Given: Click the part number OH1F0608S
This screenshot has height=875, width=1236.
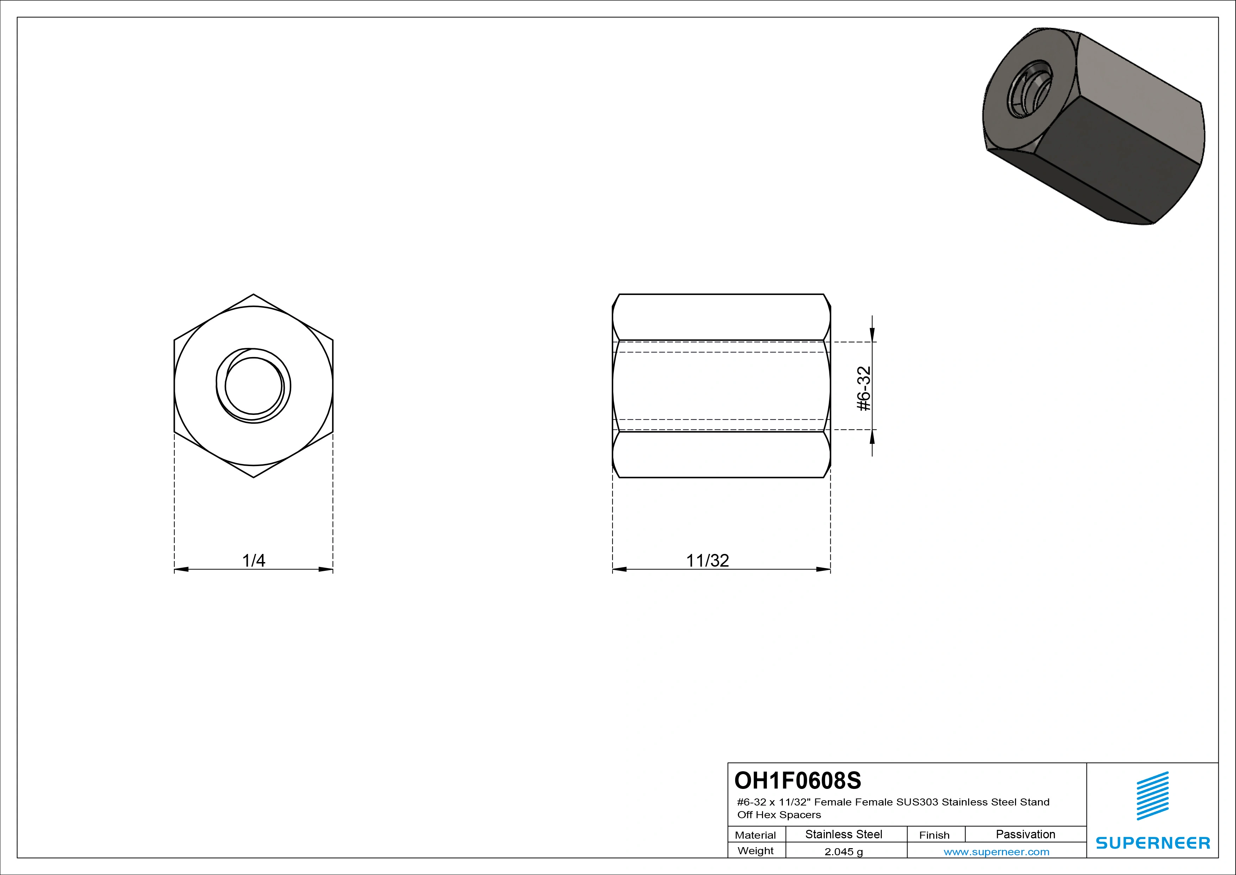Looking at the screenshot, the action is [x=798, y=780].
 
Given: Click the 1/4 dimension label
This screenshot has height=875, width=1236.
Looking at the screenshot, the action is [x=253, y=560].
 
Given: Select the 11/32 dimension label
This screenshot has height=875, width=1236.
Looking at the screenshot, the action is [x=707, y=560].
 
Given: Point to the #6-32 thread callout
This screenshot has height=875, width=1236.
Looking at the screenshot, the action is [x=863, y=388].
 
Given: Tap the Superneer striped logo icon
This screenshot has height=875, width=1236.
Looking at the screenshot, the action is [x=1152, y=796].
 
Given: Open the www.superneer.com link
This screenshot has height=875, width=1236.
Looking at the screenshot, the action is [x=996, y=852].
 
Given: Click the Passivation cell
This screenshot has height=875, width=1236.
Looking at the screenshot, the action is [x=1026, y=834].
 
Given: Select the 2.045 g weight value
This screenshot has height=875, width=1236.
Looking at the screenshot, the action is [x=843, y=852].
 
